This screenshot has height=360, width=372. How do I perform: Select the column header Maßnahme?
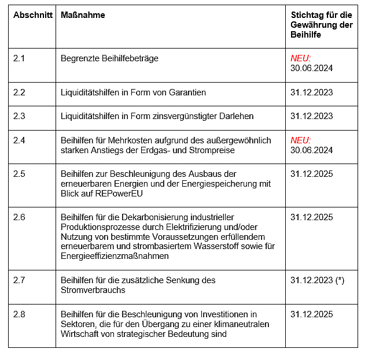point(83,14)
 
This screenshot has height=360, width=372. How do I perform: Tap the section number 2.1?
point(20,58)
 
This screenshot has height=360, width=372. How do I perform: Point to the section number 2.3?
point(20,116)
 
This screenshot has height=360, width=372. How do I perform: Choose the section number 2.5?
point(20,173)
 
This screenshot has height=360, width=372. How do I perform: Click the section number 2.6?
point(20,217)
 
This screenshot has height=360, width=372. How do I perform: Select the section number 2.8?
point(20,314)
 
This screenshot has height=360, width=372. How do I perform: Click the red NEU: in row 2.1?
point(301,58)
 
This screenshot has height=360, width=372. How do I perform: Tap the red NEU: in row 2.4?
point(301,140)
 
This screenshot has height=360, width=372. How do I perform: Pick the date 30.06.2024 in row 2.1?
point(312,68)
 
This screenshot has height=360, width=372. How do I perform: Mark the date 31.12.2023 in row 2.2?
point(312,92)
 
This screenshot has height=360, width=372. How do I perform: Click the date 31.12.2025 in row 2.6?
point(312,217)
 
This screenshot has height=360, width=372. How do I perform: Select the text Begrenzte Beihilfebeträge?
point(109,58)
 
